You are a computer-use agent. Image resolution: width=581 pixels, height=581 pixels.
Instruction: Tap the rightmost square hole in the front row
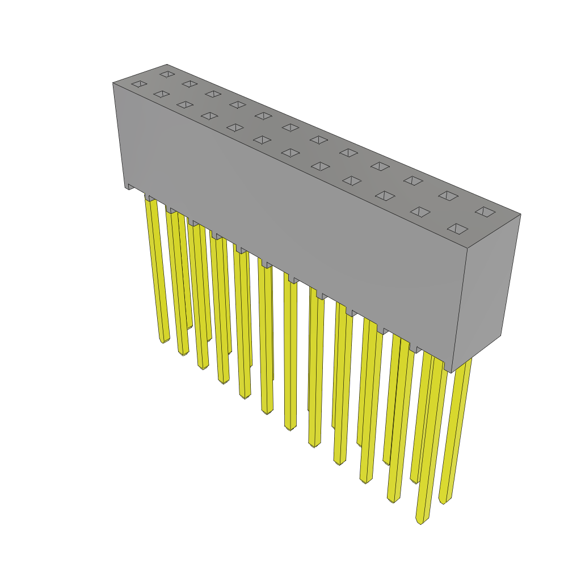pyautogui.click(x=457, y=229)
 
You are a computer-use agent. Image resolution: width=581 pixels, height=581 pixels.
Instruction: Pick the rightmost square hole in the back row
pyautogui.click(x=485, y=212)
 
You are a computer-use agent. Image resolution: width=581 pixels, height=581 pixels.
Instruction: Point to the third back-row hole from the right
pyautogui.click(x=414, y=180)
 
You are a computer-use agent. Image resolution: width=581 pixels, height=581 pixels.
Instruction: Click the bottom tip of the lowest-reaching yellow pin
pyautogui.click(x=420, y=521)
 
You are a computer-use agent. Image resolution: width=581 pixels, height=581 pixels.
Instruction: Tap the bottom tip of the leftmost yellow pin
pyautogui.click(x=163, y=341)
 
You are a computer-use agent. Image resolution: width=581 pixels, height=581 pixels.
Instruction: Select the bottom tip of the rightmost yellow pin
pyautogui.click(x=443, y=502)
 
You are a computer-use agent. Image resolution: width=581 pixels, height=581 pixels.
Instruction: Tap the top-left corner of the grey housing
pyautogui.click(x=113, y=83)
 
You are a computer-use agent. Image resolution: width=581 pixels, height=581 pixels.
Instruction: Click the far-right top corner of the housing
pyautogui.click(x=520, y=214)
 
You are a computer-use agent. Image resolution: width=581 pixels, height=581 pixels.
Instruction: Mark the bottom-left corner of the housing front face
pyautogui.click(x=125, y=187)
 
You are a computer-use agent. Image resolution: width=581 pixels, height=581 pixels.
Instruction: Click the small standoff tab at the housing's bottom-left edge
pyautogui.click(x=130, y=187)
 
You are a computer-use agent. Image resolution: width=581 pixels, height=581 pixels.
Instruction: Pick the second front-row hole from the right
pyautogui.click(x=420, y=212)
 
